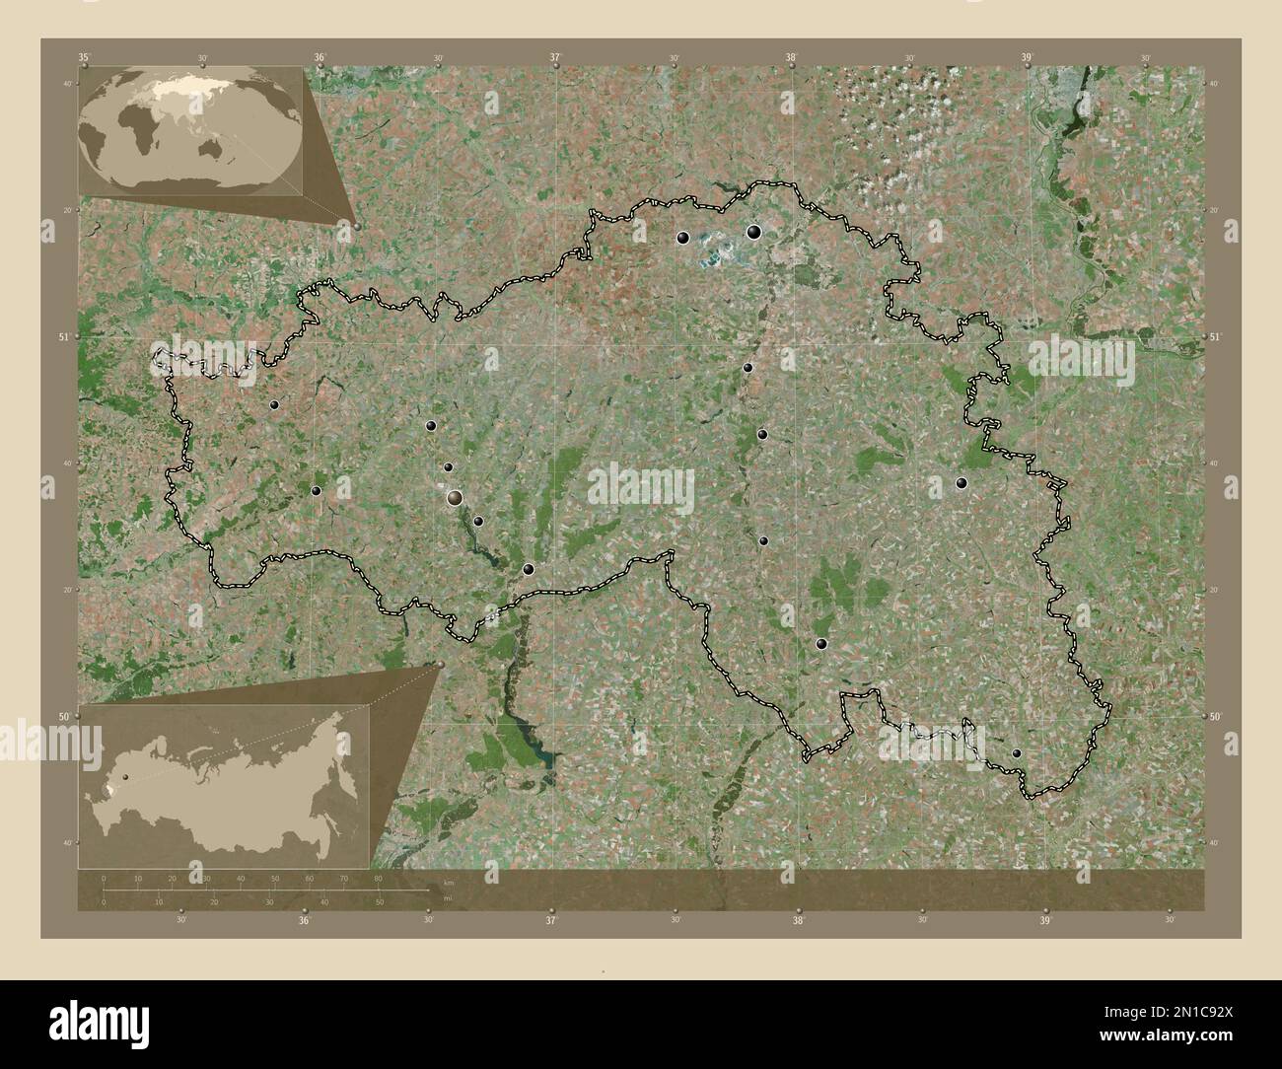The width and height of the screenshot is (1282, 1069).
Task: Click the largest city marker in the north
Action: pyautogui.click(x=753, y=233)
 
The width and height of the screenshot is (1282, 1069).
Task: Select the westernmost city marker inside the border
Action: pyautogui.click(x=274, y=405)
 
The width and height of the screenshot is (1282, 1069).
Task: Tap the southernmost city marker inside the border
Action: pyautogui.click(x=1017, y=753)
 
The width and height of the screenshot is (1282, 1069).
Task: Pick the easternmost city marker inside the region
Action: pyautogui.click(x=1017, y=753)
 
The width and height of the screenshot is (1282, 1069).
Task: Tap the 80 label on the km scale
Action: pyautogui.click(x=378, y=878)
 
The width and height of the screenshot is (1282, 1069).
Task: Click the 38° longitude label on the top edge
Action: pyautogui.click(x=791, y=59)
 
